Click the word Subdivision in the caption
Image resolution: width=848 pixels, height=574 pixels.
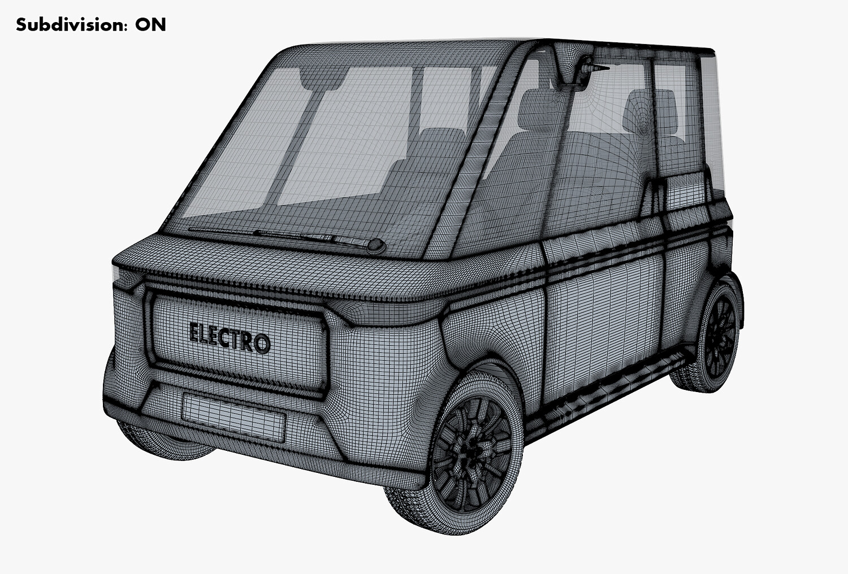pos(68,25)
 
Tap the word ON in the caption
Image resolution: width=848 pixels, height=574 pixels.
pos(151,25)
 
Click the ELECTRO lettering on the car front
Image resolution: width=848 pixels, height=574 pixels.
pos(230,338)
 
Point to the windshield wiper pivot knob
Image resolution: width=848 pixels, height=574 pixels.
pos(377,246)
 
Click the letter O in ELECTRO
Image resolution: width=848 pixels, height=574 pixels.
pos(262,344)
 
